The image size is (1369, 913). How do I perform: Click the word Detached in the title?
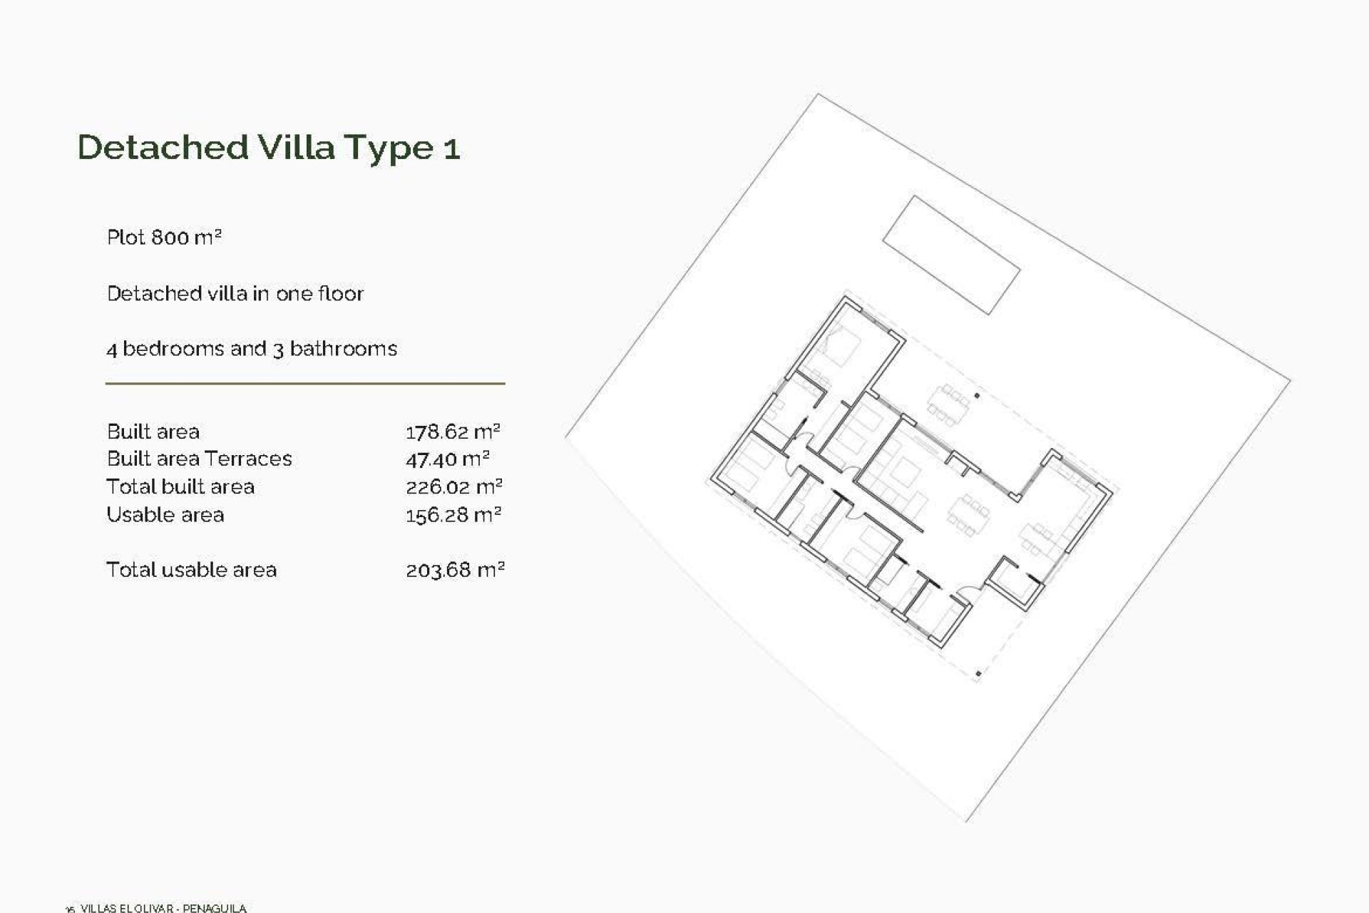163,147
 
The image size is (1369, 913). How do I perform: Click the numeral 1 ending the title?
451,148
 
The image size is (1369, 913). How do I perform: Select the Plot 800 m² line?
164,238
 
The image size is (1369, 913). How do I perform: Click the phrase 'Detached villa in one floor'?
235,293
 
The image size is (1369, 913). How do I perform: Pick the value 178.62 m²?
453,432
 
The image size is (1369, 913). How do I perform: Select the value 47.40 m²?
447,459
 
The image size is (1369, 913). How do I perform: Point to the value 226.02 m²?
453,487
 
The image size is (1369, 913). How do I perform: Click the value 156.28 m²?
453,515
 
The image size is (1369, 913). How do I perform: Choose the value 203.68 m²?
455,570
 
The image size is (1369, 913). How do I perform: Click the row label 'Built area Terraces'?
199,459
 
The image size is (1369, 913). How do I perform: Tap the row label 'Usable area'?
165,515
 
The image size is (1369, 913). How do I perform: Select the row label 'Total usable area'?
191,570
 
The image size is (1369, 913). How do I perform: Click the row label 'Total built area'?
180,487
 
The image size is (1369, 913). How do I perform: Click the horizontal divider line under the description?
305,384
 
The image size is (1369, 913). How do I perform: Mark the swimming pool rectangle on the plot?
951,255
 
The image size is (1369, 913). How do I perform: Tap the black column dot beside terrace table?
977,395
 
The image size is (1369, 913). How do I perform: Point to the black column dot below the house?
978,673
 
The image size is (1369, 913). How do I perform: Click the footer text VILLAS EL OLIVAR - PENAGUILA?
163,908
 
